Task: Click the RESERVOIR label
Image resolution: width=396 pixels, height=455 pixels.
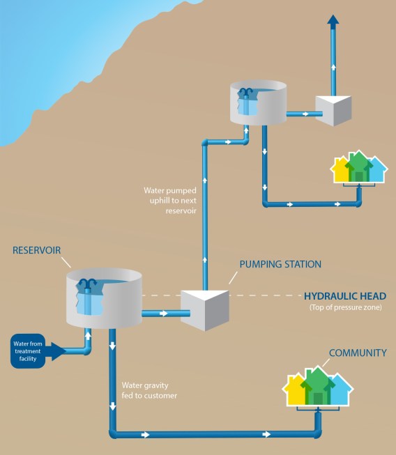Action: [x=36, y=250]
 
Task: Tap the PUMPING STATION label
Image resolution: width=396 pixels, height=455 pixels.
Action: [x=280, y=264]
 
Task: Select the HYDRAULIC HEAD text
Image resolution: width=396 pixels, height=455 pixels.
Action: [x=345, y=296]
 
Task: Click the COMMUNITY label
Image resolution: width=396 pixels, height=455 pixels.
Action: [x=358, y=353]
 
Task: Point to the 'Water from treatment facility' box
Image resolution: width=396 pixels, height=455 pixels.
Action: [x=28, y=351]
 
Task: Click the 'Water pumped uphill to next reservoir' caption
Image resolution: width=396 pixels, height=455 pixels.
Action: [x=170, y=201]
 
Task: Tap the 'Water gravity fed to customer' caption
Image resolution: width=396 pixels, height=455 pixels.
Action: [x=149, y=390]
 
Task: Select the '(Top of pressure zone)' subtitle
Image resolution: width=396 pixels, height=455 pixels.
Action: [x=346, y=307]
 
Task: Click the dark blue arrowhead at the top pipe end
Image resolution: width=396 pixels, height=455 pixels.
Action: [x=333, y=22]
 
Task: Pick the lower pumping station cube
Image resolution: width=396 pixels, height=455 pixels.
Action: [x=205, y=310]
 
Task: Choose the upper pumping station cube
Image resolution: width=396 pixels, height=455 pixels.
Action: [x=333, y=111]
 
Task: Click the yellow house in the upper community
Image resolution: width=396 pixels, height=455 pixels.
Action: [x=340, y=171]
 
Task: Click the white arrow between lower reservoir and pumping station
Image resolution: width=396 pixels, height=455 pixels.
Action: [x=163, y=314]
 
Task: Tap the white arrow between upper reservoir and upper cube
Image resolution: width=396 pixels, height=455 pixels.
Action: [x=305, y=114]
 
